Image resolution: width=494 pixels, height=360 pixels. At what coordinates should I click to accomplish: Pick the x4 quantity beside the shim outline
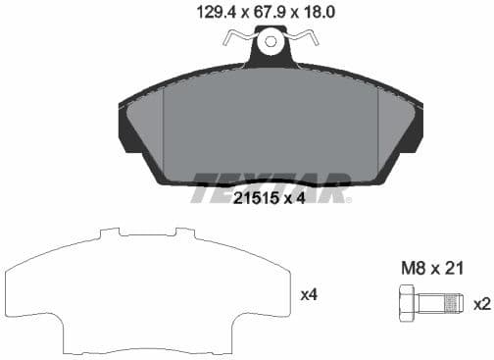(x=307, y=294)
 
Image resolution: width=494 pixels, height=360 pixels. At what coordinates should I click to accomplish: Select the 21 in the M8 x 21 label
(x=453, y=267)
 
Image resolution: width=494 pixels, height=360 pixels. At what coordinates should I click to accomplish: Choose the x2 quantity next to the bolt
(x=480, y=304)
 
